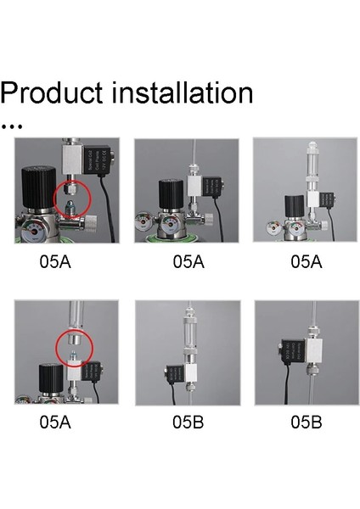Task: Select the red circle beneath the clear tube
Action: [x=71, y=347]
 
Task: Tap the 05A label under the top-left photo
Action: [x=55, y=262]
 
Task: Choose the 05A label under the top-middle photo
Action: [x=189, y=262]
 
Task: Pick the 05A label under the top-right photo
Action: [x=307, y=262]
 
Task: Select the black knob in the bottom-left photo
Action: [x=48, y=374]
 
